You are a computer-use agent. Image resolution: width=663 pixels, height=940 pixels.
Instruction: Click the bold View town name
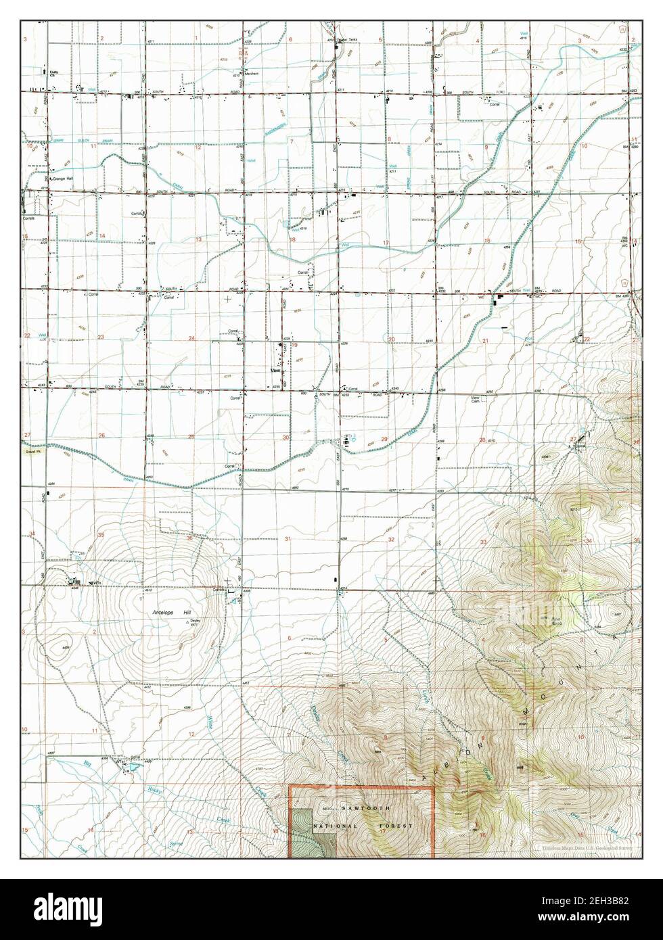275,371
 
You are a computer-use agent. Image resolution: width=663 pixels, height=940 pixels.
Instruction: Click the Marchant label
251,74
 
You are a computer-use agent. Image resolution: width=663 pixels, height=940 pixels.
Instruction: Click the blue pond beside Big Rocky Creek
132,769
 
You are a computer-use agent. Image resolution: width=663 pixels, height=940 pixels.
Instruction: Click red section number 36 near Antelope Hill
189,538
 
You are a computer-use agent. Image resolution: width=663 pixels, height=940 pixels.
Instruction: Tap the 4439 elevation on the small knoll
66,647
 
